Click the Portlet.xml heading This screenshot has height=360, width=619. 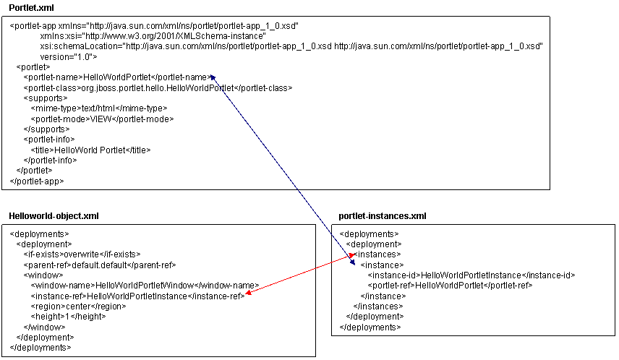(25, 7)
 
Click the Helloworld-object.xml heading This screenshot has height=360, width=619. (54, 215)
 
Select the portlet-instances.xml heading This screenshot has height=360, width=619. (382, 215)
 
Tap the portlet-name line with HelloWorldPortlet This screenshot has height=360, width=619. (116, 77)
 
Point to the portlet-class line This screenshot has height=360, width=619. (157, 87)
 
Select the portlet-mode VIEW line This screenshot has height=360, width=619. (102, 119)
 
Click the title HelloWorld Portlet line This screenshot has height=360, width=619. (90, 150)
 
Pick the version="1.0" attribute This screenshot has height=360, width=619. (69, 56)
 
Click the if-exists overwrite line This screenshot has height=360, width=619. (82, 254)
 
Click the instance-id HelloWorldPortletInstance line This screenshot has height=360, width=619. (471, 275)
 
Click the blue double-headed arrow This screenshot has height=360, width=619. (282, 171)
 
